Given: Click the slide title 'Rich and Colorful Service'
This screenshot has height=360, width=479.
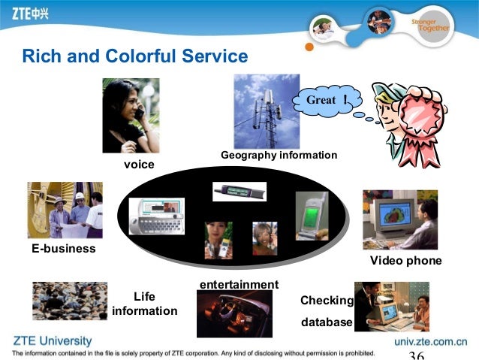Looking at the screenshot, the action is [135, 56].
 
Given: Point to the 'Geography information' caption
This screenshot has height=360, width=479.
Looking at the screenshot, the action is [279, 155].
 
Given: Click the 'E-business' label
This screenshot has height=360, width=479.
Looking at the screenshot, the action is [63, 248].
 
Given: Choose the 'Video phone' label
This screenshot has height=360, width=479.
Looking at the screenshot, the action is [405, 261].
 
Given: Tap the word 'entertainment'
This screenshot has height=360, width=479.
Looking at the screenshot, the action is [239, 284].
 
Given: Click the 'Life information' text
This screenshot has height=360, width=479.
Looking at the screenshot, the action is [144, 304].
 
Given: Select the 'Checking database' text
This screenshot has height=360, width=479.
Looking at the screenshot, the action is [327, 311].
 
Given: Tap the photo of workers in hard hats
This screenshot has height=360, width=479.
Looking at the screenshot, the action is [65, 210].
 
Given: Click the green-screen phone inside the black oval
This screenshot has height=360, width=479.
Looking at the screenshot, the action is [311, 215].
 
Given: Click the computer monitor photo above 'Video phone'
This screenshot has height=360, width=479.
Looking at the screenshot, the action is [399, 219].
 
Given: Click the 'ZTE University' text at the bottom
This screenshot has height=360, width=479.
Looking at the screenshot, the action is [52, 340].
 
